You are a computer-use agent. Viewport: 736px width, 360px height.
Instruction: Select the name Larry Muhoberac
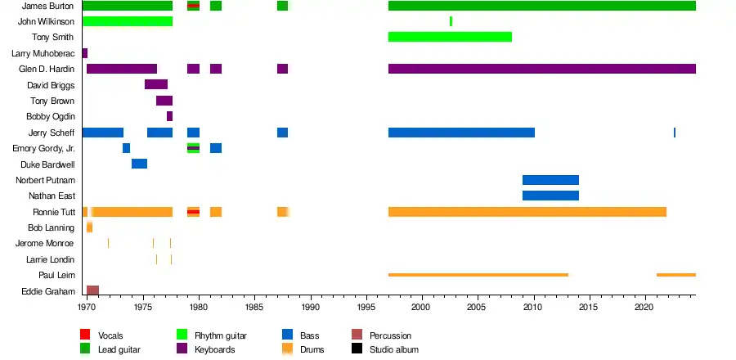(x=43, y=53)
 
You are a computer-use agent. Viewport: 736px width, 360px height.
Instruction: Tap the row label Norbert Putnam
(x=52, y=180)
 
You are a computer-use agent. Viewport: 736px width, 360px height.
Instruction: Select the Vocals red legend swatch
(x=85, y=335)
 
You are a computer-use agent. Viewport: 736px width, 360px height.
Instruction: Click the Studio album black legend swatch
(x=357, y=349)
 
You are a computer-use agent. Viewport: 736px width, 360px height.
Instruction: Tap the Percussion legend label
(x=390, y=335)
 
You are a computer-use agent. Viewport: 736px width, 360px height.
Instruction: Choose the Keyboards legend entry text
(x=214, y=349)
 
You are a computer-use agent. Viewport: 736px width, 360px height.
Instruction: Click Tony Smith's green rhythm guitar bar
(x=450, y=37)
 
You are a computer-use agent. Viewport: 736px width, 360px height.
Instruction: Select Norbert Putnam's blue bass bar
(x=550, y=180)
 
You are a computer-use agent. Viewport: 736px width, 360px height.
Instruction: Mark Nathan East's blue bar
(x=550, y=196)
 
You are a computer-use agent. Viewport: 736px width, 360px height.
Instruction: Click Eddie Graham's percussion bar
(x=92, y=290)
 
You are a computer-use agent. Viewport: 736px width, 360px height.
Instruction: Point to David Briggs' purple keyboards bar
(x=156, y=84)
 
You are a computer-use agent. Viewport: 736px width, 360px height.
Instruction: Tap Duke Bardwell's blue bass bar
(x=139, y=164)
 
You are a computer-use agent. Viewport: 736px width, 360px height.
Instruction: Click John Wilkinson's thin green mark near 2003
(x=451, y=21)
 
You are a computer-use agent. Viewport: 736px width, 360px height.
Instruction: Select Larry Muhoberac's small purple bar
(x=84, y=53)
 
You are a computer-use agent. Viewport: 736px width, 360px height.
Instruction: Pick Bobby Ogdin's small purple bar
(x=169, y=116)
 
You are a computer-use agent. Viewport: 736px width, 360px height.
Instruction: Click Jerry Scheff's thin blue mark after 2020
(x=675, y=133)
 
